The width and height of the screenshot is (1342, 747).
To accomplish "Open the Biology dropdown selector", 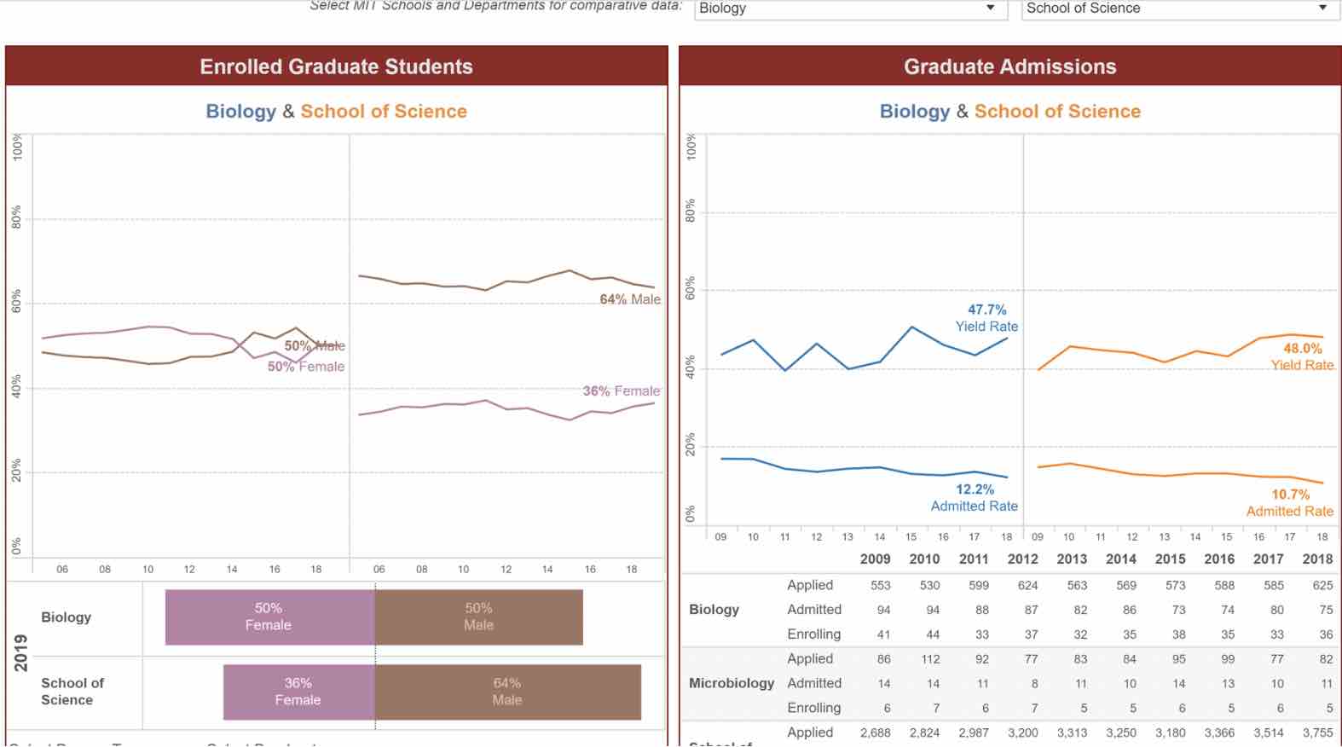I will pos(847,9).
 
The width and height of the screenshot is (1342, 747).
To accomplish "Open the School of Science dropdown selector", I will pos(1180,9).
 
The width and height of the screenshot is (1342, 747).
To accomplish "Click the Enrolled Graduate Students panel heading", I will pos(336,67).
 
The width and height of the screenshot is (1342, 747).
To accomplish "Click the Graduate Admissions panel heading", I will pos(1009,67).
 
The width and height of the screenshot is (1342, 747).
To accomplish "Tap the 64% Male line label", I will pos(630,299).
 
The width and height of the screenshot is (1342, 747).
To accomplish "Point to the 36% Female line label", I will pos(621,391).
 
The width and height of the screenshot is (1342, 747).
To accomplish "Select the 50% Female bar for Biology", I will pos(269,617).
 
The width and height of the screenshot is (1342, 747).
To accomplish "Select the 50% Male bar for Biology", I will pos(478,617).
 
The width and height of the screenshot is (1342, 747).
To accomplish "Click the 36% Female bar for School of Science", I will pos(298,692).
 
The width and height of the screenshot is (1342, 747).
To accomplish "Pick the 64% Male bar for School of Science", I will pos(507,692).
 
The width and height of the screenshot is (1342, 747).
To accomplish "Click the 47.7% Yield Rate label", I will pos(986,318).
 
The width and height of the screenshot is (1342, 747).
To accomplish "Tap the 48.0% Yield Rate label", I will pos(1302,356).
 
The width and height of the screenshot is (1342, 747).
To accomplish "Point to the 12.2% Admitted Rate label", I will pos(975,498).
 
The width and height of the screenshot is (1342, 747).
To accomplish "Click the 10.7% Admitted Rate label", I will pos(1290,503).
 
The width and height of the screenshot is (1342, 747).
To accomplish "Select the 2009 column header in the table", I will pos(876,559).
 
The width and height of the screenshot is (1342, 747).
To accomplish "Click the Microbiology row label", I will pos(732,683).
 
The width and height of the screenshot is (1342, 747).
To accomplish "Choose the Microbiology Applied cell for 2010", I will pos(930,659).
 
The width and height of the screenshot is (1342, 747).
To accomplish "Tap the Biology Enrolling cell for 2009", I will pos(883,634).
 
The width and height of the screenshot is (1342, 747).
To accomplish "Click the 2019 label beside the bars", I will pos(21,653).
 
